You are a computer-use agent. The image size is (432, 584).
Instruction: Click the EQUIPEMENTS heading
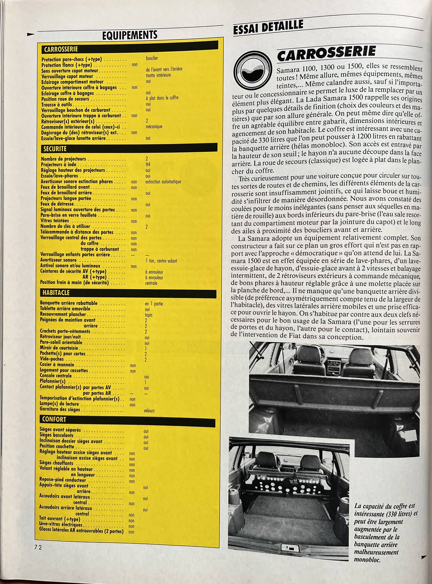(130, 35)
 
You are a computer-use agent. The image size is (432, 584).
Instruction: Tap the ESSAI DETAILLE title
(268, 27)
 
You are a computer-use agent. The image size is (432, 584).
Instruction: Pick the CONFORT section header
(127, 419)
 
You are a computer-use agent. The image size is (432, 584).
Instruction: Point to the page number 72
(38, 547)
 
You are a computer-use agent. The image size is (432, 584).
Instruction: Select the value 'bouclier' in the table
(152, 58)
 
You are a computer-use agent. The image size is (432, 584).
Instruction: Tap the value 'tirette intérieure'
(158, 75)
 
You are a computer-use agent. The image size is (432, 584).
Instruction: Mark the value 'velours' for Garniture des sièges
(149, 411)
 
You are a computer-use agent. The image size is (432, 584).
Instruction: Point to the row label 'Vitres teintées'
(54, 221)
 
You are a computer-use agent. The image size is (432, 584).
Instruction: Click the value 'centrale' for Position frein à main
(151, 283)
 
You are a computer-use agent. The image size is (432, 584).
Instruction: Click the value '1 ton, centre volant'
(161, 261)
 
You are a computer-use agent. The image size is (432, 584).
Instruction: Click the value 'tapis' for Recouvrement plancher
(148, 315)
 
